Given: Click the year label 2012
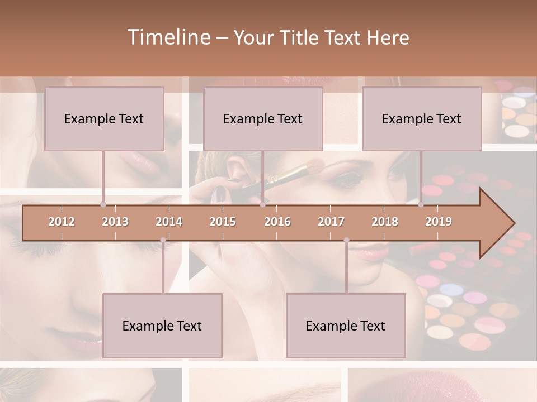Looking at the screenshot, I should tap(62, 222).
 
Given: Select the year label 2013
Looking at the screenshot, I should tap(115, 222).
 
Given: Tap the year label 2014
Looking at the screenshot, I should tap(169, 222).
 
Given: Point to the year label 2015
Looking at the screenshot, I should tap(223, 222).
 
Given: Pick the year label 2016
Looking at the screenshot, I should tap(277, 222).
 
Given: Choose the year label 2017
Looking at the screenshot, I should tap(331, 222).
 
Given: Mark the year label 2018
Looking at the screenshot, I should tap(385, 222).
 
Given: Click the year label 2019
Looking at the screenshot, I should tap(439, 222).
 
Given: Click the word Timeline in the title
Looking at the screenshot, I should tap(167, 37).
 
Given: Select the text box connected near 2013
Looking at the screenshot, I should tap(104, 118).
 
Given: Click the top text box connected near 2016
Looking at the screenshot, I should tap(263, 118).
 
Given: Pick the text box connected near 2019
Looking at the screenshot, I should tap(422, 118).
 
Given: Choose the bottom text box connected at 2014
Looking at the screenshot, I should tap(162, 326).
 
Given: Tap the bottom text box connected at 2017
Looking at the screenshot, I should tap(346, 326).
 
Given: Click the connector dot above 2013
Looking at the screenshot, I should tap(103, 204).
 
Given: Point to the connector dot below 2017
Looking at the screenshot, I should tap(346, 240).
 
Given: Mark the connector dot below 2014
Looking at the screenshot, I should tap(163, 240).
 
